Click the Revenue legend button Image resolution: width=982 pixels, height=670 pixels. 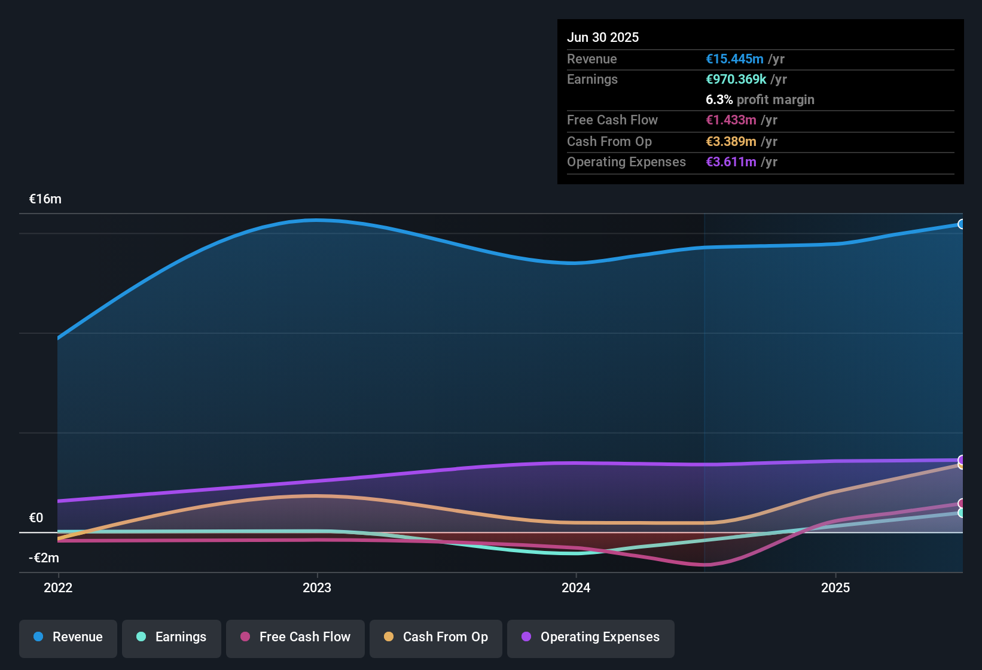(68, 637)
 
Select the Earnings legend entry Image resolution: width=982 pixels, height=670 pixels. (172, 637)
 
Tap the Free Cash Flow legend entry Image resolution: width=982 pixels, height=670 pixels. (295, 637)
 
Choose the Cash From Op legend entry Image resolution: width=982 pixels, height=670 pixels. (436, 637)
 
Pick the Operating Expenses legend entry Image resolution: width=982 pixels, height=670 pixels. (591, 637)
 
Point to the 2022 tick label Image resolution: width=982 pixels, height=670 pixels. (58, 587)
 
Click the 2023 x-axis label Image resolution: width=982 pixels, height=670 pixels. (317, 587)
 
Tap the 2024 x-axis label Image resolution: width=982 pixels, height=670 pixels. (576, 587)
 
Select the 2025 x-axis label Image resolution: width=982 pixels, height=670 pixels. (835, 587)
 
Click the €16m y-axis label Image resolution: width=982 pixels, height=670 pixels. (45, 199)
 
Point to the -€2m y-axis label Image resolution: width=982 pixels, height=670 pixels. (44, 558)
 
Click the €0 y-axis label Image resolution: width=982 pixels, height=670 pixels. (36, 518)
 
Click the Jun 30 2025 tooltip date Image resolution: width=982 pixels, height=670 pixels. (603, 37)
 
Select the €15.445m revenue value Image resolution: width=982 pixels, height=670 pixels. (734, 59)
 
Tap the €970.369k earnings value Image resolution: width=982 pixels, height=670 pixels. (736, 80)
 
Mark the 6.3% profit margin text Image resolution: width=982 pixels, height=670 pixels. (760, 100)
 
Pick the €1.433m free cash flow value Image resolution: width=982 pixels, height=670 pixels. (731, 120)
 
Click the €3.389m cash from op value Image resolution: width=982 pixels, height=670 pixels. (731, 142)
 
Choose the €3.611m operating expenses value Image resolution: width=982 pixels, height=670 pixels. (731, 162)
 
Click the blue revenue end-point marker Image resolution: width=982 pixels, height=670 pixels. (961, 224)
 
